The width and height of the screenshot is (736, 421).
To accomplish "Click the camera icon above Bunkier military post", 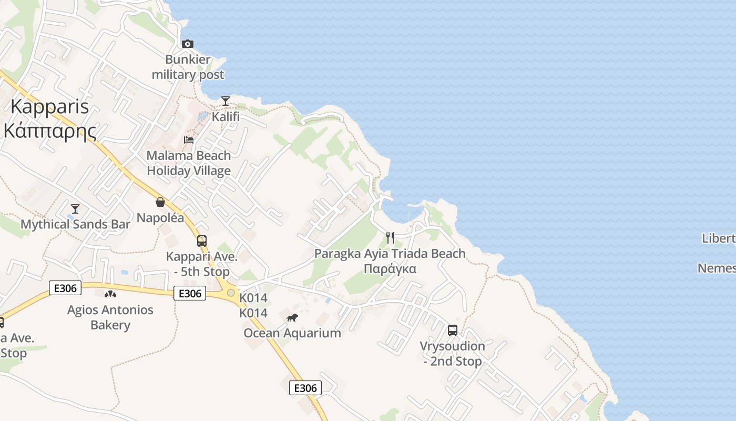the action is coord(188,44).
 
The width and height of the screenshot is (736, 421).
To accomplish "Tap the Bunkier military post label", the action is coord(188,67).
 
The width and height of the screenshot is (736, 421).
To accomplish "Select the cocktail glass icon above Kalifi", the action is coord(226,101).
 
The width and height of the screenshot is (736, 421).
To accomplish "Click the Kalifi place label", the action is coord(226,116).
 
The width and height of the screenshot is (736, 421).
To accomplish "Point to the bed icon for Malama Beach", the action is coord(188,140).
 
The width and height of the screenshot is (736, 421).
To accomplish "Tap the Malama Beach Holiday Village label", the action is coord(189,163).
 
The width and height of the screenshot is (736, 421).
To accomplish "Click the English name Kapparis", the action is coord(49,107).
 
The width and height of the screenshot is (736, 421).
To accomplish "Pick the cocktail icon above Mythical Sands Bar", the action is coord(75,209).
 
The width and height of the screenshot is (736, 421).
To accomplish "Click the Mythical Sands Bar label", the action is coord(75,224).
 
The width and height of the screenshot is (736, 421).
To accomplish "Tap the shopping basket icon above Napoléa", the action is coord(160,202).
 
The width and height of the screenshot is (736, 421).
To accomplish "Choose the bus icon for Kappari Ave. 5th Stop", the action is coord(202,241).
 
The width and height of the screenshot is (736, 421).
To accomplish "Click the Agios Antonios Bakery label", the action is coord(110,317).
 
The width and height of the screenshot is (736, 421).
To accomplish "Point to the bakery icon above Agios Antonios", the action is coord(110,294).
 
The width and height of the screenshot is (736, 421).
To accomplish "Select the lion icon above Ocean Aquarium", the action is coord(292,317).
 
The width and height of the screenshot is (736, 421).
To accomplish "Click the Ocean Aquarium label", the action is coord(292,333).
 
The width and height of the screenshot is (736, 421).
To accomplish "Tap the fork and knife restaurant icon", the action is coord(390,238).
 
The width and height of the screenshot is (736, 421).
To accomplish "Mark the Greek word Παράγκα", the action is coord(390,269).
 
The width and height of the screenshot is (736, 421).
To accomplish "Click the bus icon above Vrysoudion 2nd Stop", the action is coord(453,330).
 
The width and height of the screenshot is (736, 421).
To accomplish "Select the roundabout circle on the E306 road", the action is coord(231,293).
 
